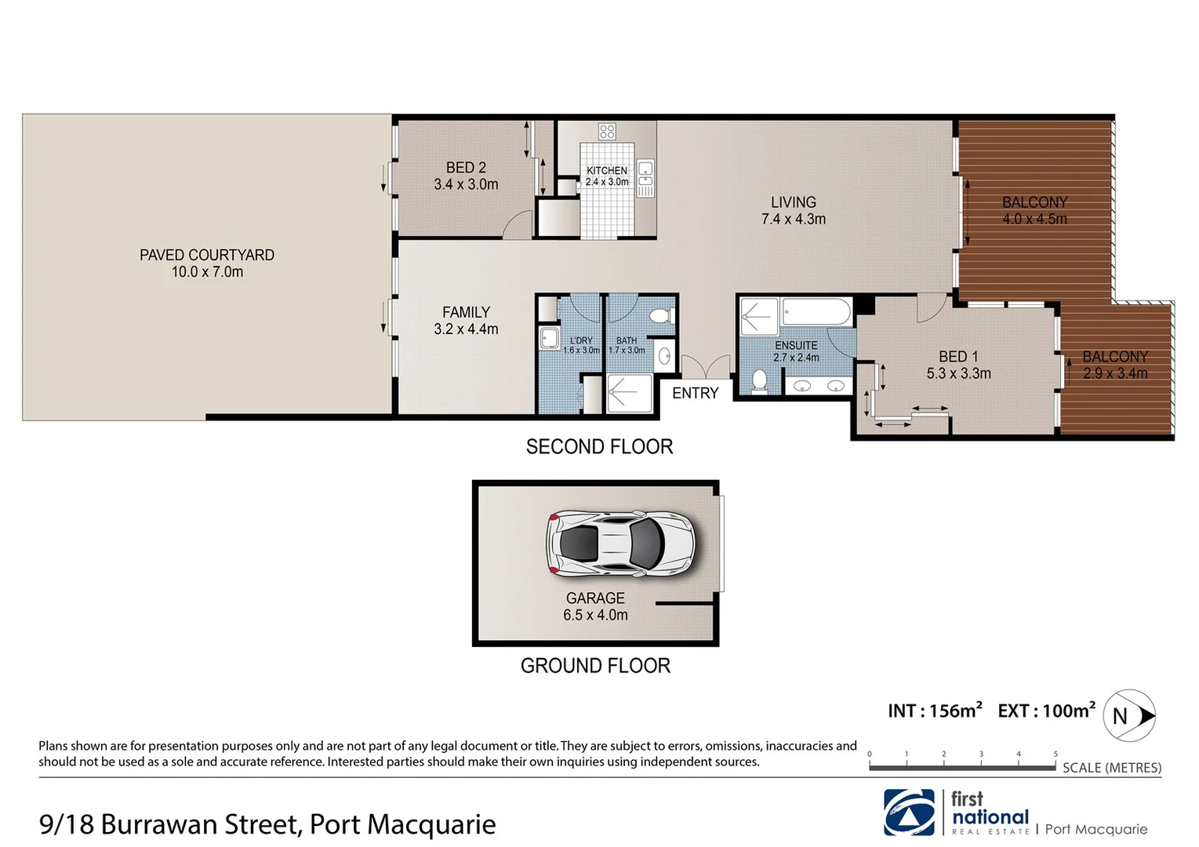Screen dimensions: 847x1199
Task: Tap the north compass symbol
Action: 1129,715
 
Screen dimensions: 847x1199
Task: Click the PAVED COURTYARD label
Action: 207,264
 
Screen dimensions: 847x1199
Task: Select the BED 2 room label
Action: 466,176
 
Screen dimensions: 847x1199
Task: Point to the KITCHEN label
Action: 607,170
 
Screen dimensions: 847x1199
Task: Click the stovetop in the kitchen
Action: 607,131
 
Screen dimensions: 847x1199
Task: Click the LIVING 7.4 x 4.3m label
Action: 794,211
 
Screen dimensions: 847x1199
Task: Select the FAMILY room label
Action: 466,321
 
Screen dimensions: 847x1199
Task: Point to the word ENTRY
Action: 695,393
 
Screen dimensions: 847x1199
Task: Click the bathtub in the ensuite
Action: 816,311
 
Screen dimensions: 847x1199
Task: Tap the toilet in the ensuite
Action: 759,380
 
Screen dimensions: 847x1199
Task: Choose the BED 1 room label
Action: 958,365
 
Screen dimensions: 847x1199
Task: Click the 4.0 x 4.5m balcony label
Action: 1034,211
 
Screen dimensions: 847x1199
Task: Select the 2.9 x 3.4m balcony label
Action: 1114,365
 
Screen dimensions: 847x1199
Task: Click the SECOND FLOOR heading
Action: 599,447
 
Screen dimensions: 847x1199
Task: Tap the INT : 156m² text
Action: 934,711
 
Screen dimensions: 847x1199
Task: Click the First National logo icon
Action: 909,812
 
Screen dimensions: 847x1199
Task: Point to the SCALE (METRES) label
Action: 1111,768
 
